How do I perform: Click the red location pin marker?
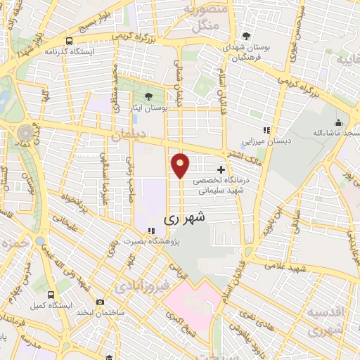(x=181, y=166)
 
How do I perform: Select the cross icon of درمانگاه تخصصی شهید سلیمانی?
(x=221, y=169)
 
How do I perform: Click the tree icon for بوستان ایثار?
(x=148, y=96)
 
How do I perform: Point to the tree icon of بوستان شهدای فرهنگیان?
(x=245, y=36)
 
